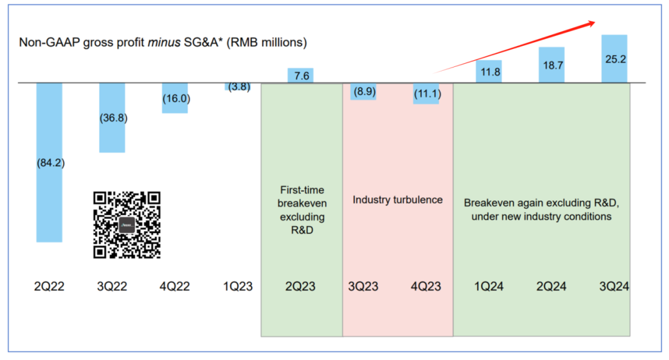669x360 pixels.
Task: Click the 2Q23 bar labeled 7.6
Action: point(301,76)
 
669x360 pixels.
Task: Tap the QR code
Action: point(127,224)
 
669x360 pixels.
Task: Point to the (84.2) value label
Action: point(50,164)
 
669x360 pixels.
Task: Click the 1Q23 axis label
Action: point(237,287)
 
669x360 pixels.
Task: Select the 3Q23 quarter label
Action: point(363,287)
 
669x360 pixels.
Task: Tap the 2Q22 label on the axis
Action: point(50,287)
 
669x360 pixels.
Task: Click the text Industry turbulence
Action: point(398,200)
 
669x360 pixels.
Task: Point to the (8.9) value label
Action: point(363,92)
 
